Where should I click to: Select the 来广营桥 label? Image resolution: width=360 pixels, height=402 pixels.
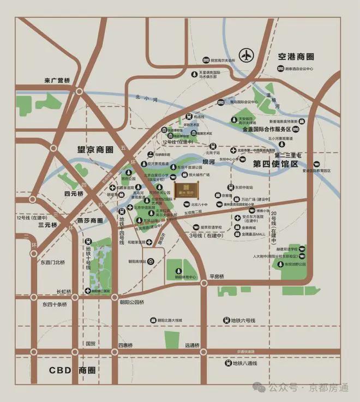click(58, 81)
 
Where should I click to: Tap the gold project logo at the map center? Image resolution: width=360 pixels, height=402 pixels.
click(184, 189)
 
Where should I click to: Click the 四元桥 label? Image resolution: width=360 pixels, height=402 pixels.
click(74, 193)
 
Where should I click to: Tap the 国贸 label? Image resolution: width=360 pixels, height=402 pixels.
click(90, 344)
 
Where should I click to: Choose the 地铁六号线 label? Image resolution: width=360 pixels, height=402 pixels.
click(244, 320)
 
